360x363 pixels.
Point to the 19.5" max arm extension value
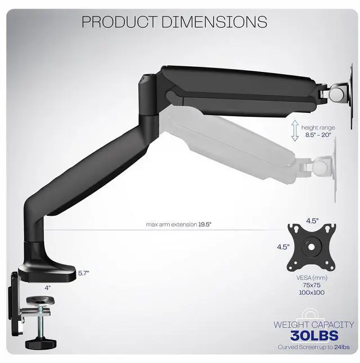pyautogui.click(x=209, y=225)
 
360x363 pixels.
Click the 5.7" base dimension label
pyautogui.click(x=84, y=273)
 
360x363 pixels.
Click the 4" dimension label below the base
pyautogui.click(x=48, y=287)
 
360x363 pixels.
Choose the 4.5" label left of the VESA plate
pyautogui.click(x=283, y=247)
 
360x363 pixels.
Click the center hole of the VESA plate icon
pyautogui.click(x=311, y=246)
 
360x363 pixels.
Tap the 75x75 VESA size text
pyautogui.click(x=312, y=285)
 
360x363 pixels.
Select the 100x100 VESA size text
pyautogui.click(x=312, y=293)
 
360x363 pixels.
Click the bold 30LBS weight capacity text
pyautogui.click(x=314, y=336)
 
